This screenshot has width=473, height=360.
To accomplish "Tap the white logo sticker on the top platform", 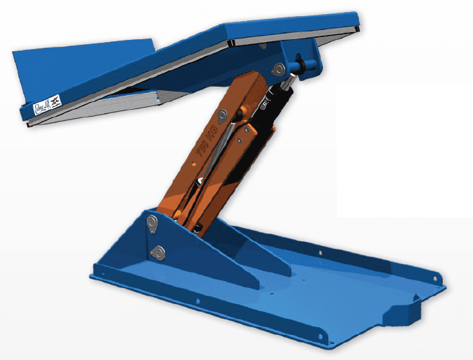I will tap(50, 106).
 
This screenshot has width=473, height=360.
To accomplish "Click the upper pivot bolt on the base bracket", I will tap(152, 222).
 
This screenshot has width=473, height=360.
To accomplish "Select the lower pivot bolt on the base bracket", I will tap(159, 252).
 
